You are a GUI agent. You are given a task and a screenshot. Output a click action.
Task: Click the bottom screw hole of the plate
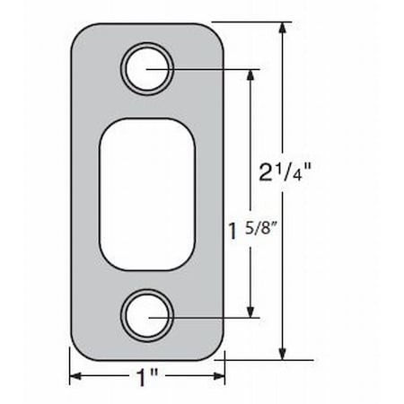(x=147, y=315)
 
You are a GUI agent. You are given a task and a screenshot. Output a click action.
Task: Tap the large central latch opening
(x=147, y=191)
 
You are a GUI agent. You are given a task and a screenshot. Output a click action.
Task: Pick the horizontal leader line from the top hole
(x=215, y=67)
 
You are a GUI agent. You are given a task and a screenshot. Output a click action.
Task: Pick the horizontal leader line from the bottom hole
(x=215, y=316)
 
